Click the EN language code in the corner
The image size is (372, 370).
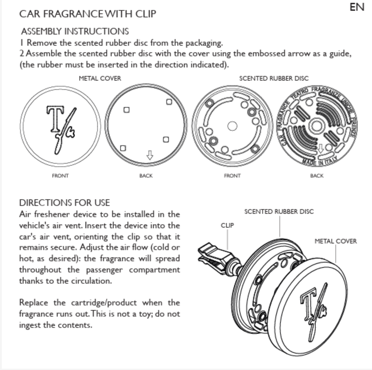[357, 7]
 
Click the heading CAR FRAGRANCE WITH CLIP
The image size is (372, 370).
[88, 14]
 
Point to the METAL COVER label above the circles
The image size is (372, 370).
[100, 78]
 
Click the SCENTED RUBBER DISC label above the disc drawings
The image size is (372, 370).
[274, 78]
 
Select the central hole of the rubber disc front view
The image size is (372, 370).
[232, 126]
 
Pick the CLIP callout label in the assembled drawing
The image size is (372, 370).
[227, 225]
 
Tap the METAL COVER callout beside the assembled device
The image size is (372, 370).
[336, 241]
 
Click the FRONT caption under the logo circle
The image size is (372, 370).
[60, 176]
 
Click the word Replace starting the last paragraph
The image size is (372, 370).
[33, 302]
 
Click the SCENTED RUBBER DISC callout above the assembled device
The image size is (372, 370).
[279, 211]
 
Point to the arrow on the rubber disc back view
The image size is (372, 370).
[321, 149]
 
